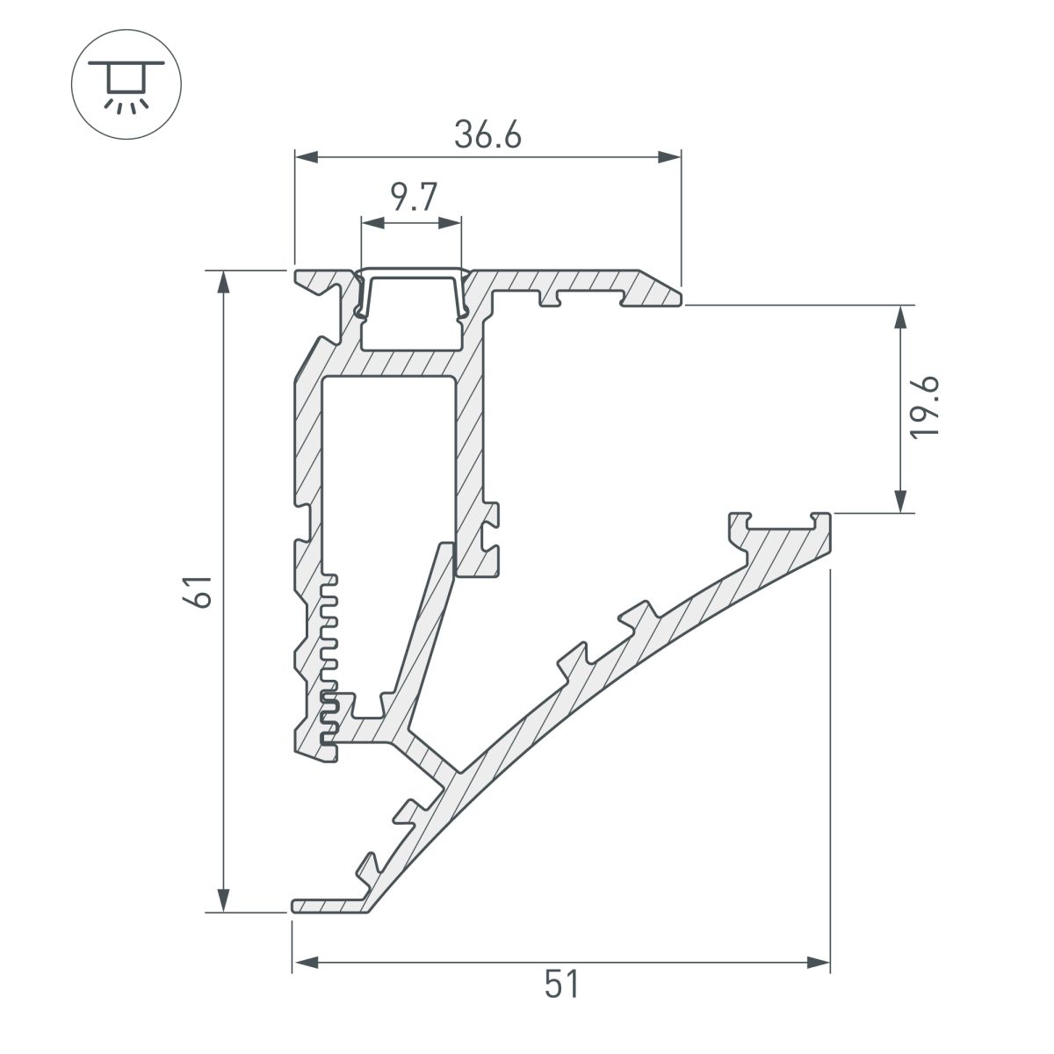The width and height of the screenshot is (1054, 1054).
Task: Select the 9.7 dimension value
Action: coord(410,199)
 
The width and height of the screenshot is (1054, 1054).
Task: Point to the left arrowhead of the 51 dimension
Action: coord(304,963)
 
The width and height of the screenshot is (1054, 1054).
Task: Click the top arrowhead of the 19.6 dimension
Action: coord(901,317)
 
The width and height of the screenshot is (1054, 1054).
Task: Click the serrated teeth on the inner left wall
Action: coord(329,659)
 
